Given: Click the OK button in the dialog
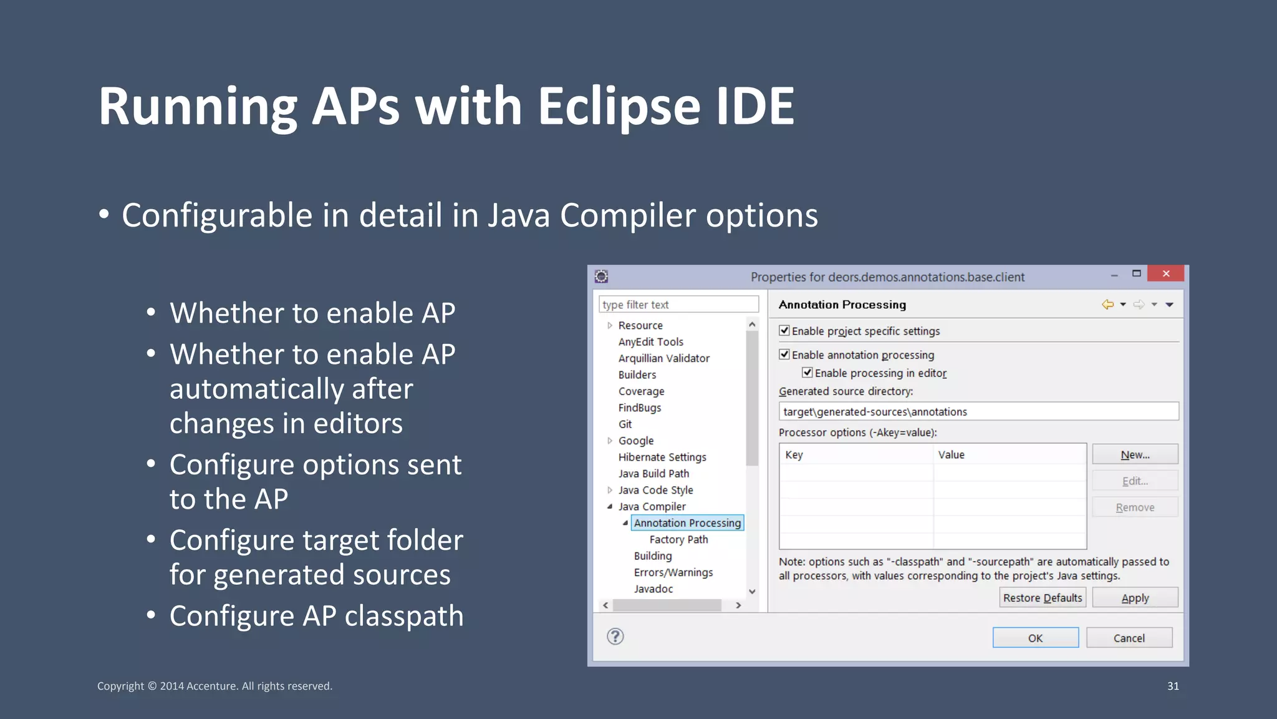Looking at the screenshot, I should pyautogui.click(x=1035, y=638).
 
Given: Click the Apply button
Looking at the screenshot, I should pyautogui.click(x=1135, y=598).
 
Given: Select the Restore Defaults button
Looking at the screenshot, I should pyautogui.click(x=1042, y=598).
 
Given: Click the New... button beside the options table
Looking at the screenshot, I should pyautogui.click(x=1135, y=455).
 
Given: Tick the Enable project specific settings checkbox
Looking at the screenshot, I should pyautogui.click(x=784, y=331).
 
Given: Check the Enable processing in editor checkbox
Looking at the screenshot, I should pyautogui.click(x=807, y=373).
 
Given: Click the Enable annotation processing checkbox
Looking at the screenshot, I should pyautogui.click(x=784, y=355).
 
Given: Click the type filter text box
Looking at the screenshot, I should pyautogui.click(x=678, y=305).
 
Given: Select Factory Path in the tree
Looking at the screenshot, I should pyautogui.click(x=678, y=539).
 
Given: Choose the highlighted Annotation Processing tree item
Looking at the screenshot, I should pyautogui.click(x=687, y=523).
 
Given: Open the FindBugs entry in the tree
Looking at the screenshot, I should pyautogui.click(x=639, y=408).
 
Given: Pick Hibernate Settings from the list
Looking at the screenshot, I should pyautogui.click(x=662, y=457).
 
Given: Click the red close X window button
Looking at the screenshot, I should pyautogui.click(x=1165, y=274).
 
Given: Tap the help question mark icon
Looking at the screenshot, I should pyautogui.click(x=615, y=637).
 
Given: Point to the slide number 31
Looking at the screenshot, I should pyautogui.click(x=1173, y=686).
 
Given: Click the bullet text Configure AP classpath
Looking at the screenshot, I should pyautogui.click(x=316, y=616).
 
